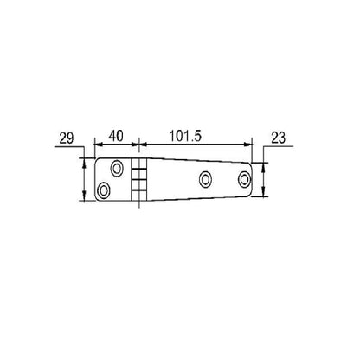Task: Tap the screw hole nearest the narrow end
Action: [x=245, y=179]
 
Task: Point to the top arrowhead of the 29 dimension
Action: [x=85, y=160]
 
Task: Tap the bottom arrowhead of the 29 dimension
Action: [x=85, y=198]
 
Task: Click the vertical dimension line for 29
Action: [x=85, y=179]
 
